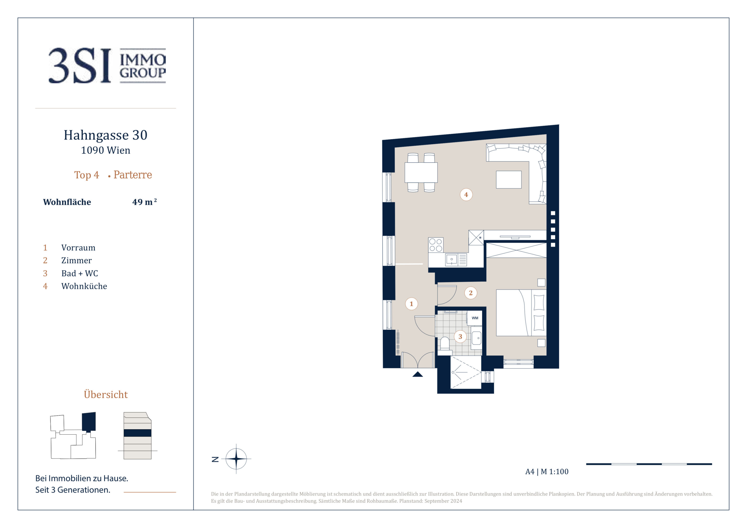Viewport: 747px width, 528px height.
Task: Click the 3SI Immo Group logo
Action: [x=107, y=66]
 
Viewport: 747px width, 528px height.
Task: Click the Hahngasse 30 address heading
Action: [x=105, y=135]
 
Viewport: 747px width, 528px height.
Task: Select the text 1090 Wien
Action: [x=105, y=150]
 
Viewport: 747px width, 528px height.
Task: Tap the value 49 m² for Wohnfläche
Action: [x=145, y=202]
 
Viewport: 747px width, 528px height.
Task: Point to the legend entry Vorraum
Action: [x=78, y=248]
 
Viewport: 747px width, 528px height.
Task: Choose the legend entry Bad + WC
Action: [x=79, y=273]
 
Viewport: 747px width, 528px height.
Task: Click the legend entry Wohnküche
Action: [x=84, y=286]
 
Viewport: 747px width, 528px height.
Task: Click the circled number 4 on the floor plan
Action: [x=466, y=195]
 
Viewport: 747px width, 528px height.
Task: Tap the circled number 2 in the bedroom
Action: [x=470, y=293]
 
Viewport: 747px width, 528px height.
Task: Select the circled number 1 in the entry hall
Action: [x=411, y=304]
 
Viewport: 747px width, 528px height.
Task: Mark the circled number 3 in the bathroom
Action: [x=460, y=336]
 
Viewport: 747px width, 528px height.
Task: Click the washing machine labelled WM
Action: [x=475, y=318]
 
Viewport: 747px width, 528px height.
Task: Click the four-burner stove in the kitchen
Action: [x=436, y=245]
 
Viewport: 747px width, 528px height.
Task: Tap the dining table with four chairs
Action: [x=421, y=172]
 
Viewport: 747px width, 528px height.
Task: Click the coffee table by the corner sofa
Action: [x=509, y=180]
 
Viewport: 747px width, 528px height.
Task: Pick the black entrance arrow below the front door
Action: [x=417, y=374]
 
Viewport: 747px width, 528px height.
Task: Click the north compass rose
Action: [x=236, y=459]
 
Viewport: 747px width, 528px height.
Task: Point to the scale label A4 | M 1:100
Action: [x=546, y=471]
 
